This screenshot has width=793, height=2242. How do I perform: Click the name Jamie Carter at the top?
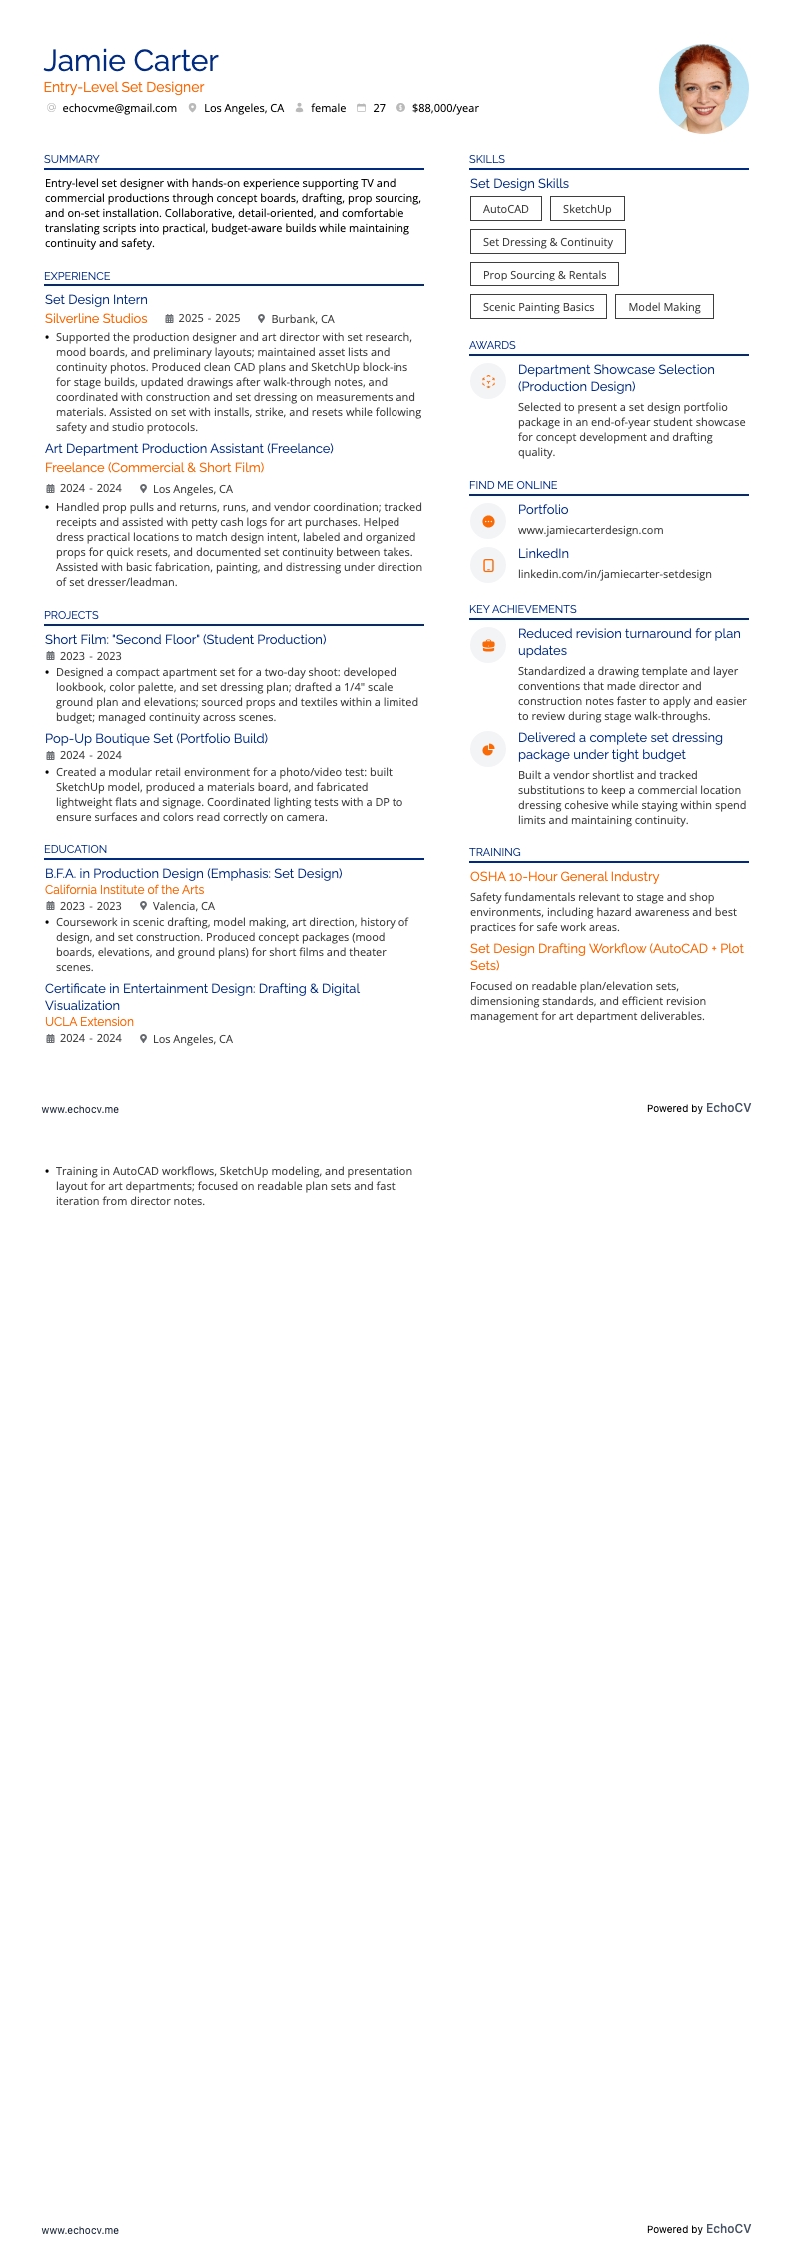tap(130, 61)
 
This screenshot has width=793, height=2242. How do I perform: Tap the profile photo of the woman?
tap(703, 88)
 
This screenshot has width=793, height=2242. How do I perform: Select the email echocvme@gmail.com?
tap(119, 108)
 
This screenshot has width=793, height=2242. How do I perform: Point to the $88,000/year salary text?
tap(445, 108)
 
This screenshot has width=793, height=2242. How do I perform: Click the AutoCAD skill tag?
tap(505, 209)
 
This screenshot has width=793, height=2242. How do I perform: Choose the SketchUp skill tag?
tap(587, 209)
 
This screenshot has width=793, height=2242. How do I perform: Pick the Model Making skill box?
tap(664, 307)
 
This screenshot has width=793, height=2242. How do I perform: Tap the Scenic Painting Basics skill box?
tap(538, 307)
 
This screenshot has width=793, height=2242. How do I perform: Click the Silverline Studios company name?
tap(96, 319)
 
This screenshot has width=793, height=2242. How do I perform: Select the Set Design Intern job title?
tap(96, 300)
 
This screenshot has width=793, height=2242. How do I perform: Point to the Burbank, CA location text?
tap(303, 319)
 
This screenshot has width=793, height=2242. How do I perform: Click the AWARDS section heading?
tap(492, 345)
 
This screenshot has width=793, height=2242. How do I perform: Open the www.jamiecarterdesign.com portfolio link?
tap(590, 530)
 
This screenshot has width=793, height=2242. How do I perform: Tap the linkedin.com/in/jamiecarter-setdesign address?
tap(614, 574)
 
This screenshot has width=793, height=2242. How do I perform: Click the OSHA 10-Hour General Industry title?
tap(564, 877)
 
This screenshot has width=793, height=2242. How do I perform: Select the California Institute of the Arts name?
tap(124, 890)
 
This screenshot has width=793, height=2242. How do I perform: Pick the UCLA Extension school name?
tap(89, 1022)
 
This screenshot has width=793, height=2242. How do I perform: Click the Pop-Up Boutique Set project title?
tap(156, 739)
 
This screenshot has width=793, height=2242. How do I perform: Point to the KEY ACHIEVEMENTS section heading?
tap(522, 609)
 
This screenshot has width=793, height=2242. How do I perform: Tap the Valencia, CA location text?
tap(183, 906)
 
